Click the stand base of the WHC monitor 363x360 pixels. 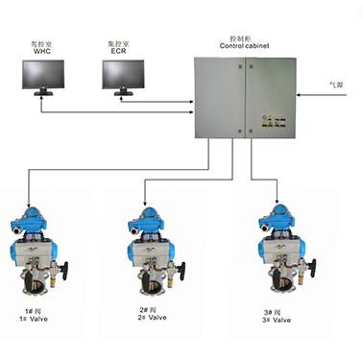[x=43, y=94]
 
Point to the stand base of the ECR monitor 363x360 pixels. [x=124, y=94]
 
